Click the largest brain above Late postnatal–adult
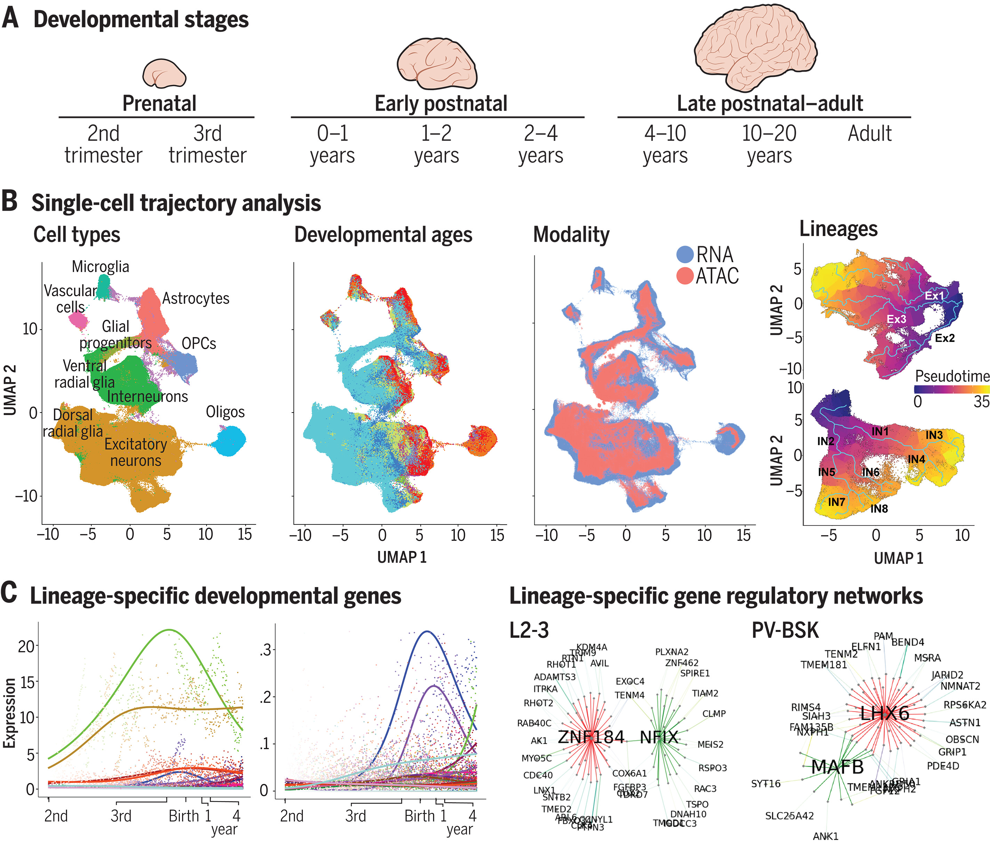[x=755, y=48]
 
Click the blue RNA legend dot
[x=685, y=254]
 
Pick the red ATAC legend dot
[x=685, y=276]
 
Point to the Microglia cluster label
[x=100, y=267]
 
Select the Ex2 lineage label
[x=944, y=338]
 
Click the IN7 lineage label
[x=836, y=502]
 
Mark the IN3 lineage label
[x=934, y=435]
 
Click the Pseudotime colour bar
[x=951, y=390]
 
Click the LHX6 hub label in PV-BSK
[x=884, y=714]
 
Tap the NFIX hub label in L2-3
[x=659, y=737]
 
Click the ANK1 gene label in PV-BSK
[x=826, y=836]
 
